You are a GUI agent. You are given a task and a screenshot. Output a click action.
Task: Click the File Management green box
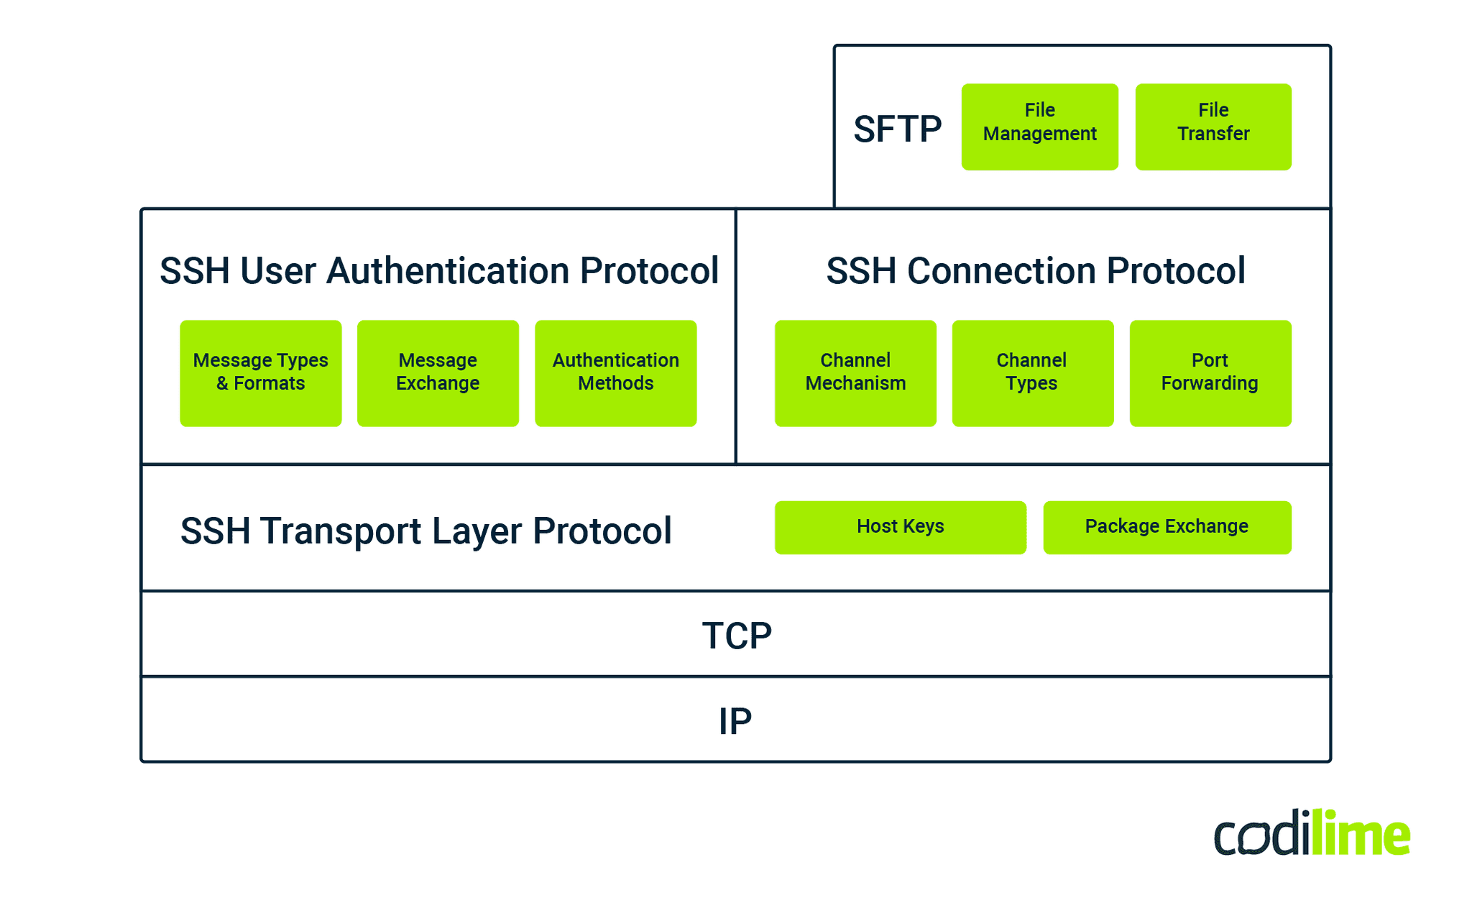(1039, 127)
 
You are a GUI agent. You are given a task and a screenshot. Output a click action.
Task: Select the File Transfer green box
(1213, 127)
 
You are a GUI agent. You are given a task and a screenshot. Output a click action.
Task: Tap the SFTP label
(897, 129)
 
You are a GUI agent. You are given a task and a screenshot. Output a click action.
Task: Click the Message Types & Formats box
(260, 372)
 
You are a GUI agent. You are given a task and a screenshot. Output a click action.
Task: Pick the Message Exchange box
(438, 372)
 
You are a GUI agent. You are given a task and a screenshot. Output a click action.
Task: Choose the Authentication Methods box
(615, 372)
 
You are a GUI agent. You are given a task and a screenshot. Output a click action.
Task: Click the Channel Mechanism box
(855, 372)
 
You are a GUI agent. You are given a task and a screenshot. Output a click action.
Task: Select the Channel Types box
(1032, 372)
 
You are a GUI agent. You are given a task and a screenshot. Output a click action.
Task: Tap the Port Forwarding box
(1210, 372)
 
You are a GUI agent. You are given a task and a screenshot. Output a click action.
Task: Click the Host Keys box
(900, 527)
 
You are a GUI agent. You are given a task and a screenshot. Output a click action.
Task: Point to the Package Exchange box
(1167, 527)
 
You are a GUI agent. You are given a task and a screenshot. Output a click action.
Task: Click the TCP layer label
(737, 636)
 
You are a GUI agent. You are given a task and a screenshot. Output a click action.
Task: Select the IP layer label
(735, 721)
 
